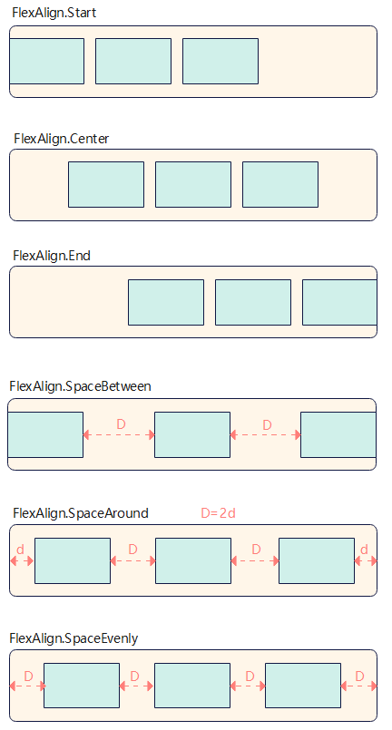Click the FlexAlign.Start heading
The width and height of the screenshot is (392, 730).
(x=54, y=13)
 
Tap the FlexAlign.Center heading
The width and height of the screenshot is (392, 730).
(x=61, y=139)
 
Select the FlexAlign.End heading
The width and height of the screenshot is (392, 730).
(x=52, y=256)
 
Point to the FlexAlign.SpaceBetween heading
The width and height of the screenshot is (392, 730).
(x=80, y=386)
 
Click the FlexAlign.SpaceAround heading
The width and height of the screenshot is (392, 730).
(x=81, y=513)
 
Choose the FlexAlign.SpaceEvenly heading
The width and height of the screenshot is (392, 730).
(x=73, y=638)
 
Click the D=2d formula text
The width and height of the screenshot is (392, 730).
(x=218, y=513)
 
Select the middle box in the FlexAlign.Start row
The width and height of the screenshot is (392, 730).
(x=133, y=61)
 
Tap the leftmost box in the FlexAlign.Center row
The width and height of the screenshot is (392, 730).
(x=106, y=184)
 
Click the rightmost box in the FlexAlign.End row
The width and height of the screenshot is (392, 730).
(x=339, y=302)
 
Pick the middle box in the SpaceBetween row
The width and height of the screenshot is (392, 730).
(x=192, y=435)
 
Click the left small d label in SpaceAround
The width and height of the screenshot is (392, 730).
(x=20, y=550)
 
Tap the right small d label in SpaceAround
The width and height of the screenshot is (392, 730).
(x=364, y=550)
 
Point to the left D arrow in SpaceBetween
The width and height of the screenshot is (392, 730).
(x=119, y=435)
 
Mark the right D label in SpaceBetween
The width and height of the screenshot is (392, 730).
(x=267, y=425)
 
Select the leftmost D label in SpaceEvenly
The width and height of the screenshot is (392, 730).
(x=28, y=676)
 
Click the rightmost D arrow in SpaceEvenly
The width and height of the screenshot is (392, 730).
(x=358, y=686)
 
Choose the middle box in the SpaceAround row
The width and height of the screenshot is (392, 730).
(x=193, y=560)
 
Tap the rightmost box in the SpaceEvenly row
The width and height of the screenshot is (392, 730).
(x=303, y=686)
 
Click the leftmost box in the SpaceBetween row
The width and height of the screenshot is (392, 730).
(x=45, y=435)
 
